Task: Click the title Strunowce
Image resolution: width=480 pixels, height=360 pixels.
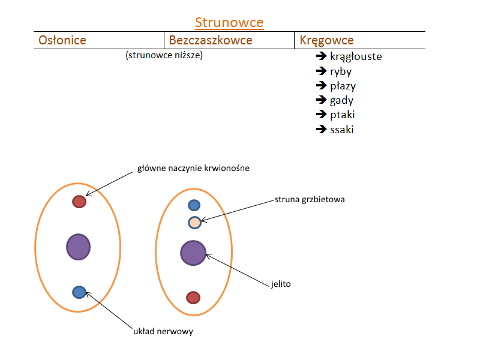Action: point(229,23)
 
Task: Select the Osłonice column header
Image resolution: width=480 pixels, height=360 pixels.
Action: point(62,40)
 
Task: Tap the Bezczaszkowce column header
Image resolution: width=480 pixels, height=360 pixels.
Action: point(211,40)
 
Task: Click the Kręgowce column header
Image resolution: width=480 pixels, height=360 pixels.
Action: point(326,40)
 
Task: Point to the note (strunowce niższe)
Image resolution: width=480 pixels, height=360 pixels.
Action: point(164,56)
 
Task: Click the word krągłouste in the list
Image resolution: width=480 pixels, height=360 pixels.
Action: point(355,57)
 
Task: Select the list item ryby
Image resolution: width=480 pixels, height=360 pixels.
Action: point(341,71)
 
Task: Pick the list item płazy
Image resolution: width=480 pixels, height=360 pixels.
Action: point(343,86)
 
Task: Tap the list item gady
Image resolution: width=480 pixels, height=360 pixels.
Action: point(341,100)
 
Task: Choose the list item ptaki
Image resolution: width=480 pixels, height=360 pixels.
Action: point(342,115)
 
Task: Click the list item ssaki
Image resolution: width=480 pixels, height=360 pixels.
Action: point(341,129)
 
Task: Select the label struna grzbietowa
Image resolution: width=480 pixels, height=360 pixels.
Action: point(310,199)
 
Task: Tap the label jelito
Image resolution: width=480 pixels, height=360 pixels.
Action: point(281,284)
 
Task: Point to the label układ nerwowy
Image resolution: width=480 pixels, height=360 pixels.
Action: point(163,331)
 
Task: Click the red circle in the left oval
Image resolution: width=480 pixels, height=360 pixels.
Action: point(79,202)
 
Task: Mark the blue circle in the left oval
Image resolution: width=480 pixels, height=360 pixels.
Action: point(79,292)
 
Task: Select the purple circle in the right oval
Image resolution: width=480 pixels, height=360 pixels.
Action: point(193,253)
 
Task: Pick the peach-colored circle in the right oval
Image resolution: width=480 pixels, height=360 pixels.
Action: point(194,223)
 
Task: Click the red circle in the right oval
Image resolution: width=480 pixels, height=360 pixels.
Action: point(193,298)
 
